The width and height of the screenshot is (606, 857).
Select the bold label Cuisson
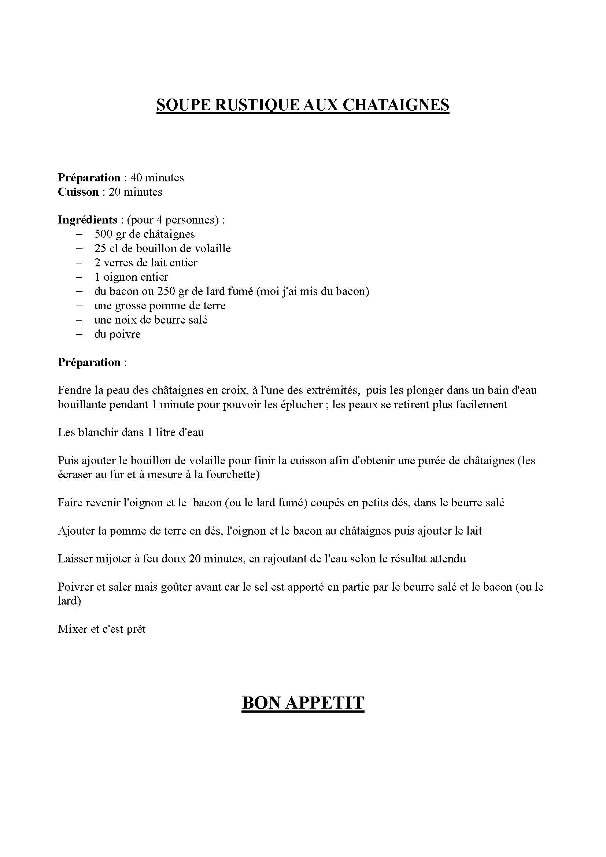coord(78,192)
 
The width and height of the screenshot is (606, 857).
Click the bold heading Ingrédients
coord(88,220)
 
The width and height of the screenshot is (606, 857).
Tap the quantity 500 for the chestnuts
coord(103,234)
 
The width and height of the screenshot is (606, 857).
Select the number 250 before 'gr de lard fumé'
coord(166,291)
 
